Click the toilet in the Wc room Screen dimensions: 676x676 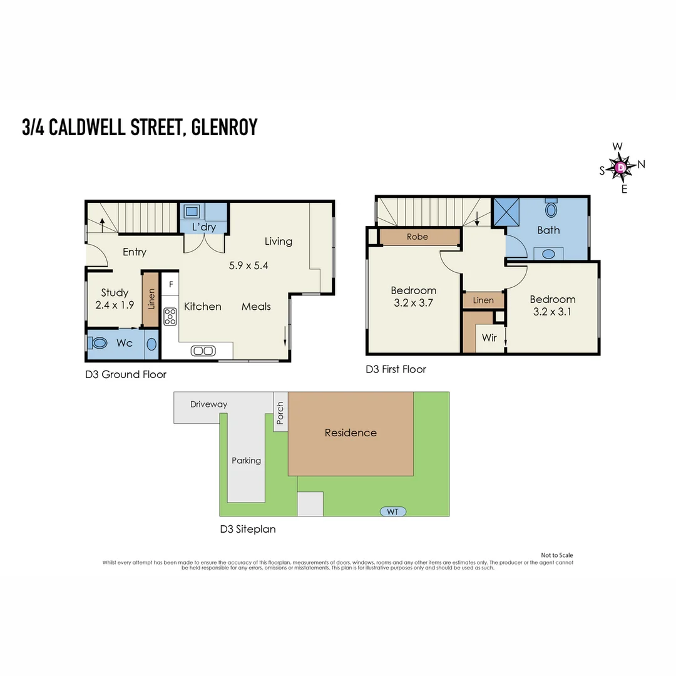(x=98, y=343)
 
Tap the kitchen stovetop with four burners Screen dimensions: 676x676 (x=170, y=317)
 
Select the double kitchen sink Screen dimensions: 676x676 (x=203, y=351)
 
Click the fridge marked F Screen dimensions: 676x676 (x=171, y=284)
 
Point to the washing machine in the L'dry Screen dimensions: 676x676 (x=192, y=212)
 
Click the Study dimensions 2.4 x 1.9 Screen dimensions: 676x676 (x=115, y=305)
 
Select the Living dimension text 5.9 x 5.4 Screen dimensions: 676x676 (x=248, y=265)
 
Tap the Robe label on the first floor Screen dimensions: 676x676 (x=417, y=237)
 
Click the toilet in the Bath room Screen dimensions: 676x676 (x=551, y=208)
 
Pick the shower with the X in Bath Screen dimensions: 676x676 (x=506, y=212)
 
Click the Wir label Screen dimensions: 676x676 (x=489, y=337)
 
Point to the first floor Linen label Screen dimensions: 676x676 (x=483, y=300)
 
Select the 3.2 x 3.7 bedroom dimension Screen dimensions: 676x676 (x=414, y=303)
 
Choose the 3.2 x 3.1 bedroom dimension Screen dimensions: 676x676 (x=552, y=312)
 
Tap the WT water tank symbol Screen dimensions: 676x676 (x=392, y=512)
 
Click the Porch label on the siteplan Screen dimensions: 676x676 (x=280, y=413)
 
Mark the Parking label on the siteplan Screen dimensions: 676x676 (x=246, y=461)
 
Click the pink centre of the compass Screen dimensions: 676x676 (x=620, y=167)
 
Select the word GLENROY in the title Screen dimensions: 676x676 (x=224, y=127)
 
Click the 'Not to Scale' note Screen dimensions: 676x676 (x=557, y=555)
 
